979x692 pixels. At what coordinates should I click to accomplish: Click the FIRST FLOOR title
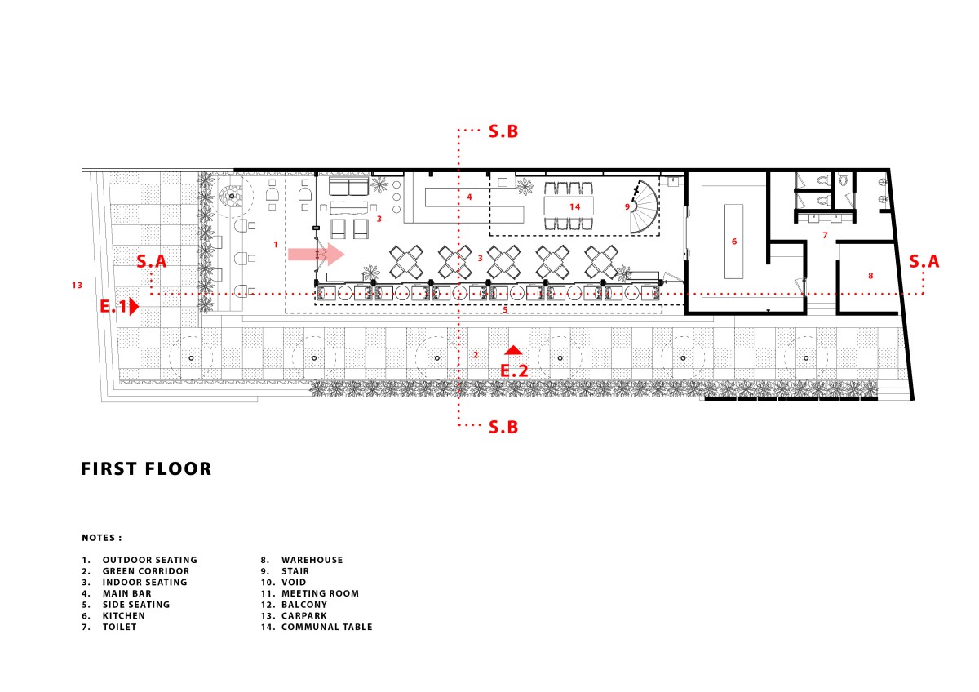pos(146,468)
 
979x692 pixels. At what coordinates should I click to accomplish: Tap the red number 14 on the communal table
pos(574,206)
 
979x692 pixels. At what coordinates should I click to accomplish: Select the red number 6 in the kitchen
pos(734,242)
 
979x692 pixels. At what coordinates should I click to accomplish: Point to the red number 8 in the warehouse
pos(870,276)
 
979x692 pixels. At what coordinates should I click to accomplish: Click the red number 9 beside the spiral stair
pos(627,206)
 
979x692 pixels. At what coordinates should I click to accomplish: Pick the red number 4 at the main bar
pos(469,197)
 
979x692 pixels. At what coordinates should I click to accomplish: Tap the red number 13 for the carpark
pos(77,286)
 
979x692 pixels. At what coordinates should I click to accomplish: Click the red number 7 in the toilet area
pos(825,236)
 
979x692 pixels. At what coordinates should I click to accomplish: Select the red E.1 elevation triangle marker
pos(134,307)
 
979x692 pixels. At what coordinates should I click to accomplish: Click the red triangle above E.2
pos(513,350)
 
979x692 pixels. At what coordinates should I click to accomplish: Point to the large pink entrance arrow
pos(316,255)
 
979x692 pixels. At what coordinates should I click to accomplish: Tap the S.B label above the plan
pos(503,131)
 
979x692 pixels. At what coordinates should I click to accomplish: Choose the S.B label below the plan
pos(503,427)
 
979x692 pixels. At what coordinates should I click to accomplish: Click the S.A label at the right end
pos(924,261)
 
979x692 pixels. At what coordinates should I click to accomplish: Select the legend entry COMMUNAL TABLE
pos(327,627)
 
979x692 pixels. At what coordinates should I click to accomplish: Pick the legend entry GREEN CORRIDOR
pos(146,571)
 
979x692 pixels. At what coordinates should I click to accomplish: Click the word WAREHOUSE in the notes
pos(312,560)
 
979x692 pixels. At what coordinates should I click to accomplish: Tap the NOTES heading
pos(102,538)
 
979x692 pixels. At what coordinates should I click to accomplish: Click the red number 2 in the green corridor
pos(476,355)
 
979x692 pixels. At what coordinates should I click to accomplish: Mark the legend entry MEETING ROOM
pos(320,593)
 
